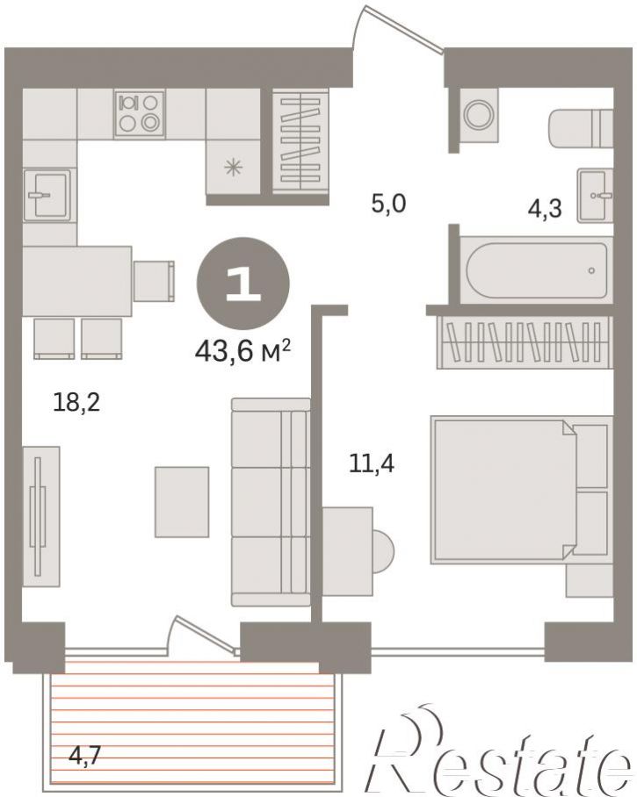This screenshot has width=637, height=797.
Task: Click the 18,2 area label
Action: (76, 403)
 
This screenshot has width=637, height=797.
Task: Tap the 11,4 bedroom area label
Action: (372, 463)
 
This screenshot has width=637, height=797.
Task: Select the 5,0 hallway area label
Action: (388, 205)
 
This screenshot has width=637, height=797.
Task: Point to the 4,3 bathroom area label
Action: (545, 208)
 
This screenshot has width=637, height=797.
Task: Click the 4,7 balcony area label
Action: (85, 757)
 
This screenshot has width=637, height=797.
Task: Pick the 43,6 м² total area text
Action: (242, 351)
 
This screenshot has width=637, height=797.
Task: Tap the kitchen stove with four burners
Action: (140, 113)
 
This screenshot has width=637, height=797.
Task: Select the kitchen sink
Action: (47, 194)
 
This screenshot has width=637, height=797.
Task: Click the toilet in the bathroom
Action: (581, 128)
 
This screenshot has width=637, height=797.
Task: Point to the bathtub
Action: (537, 270)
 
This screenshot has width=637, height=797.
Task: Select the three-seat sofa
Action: (271, 502)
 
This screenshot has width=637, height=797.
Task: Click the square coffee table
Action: (182, 502)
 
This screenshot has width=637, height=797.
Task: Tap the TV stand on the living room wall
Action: (40, 516)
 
